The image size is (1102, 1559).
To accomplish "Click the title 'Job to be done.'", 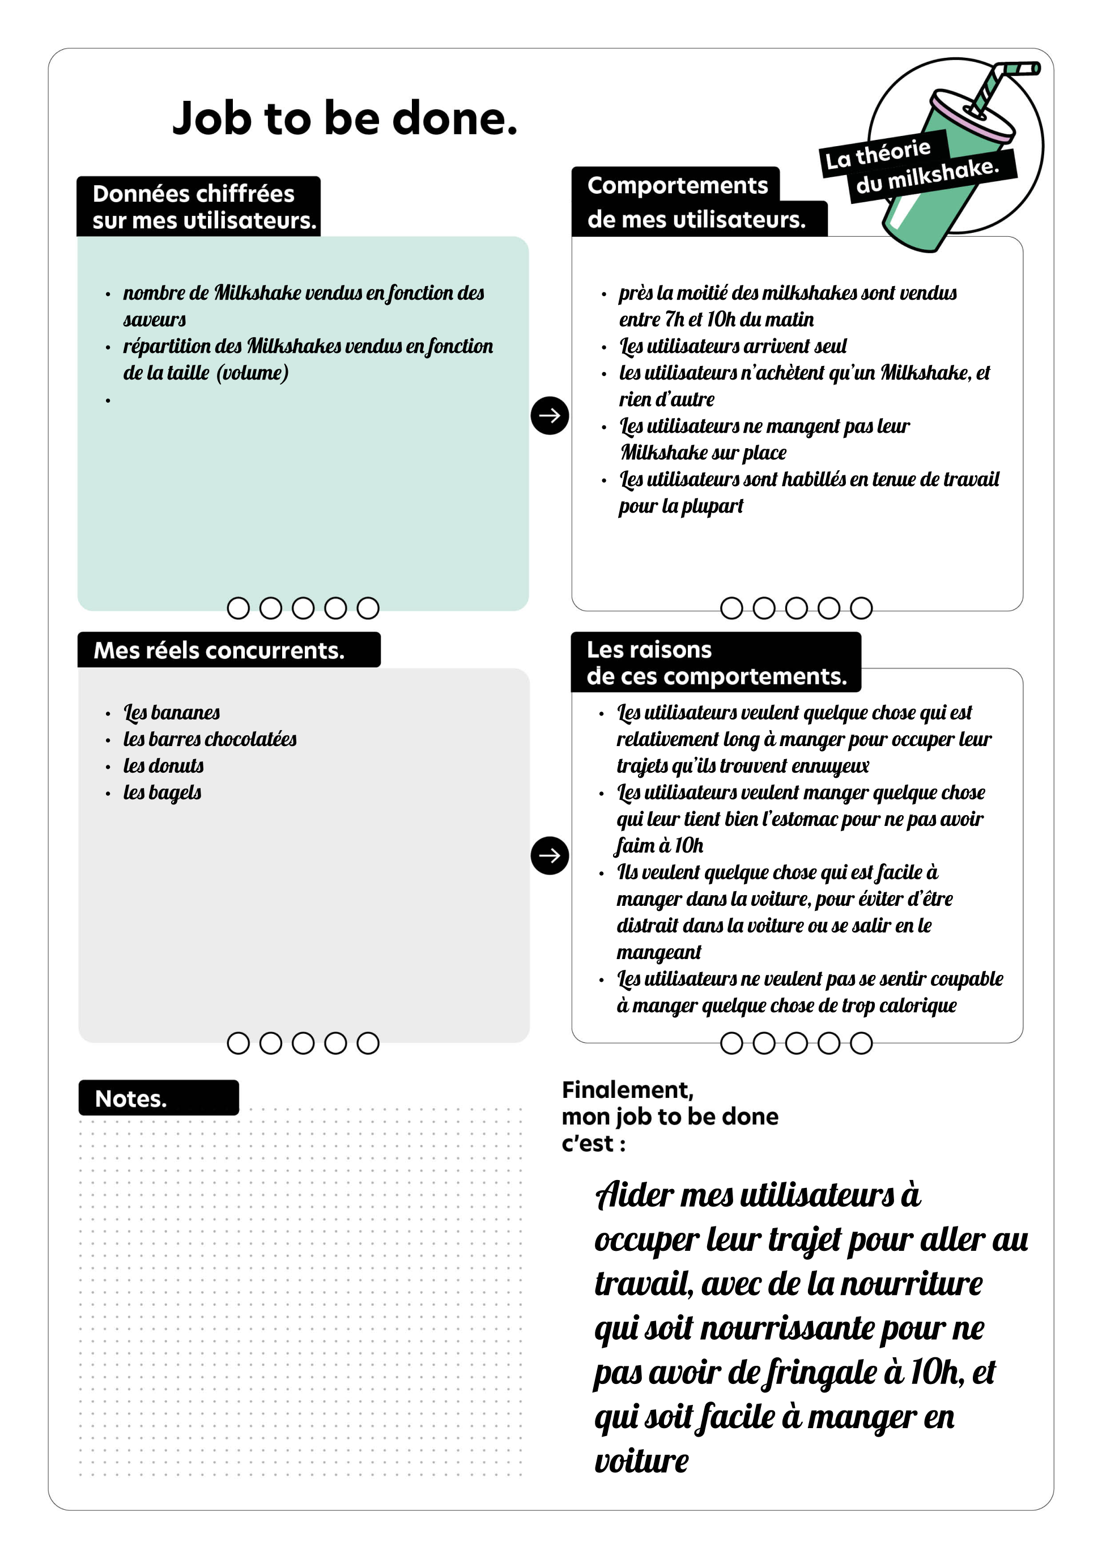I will [344, 119].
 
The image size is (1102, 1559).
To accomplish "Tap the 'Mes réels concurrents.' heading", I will [219, 650].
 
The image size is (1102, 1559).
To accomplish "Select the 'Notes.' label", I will [131, 1098].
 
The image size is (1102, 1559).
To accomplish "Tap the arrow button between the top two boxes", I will [550, 416].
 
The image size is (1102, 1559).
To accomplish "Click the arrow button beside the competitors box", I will [550, 855].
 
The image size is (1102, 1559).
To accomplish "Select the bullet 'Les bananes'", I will [171, 712].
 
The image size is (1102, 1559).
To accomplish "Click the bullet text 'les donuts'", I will [163, 765].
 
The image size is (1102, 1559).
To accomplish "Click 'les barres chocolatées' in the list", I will [209, 739].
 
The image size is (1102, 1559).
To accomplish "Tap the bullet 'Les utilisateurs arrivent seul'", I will [733, 346].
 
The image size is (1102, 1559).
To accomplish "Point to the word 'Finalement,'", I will [627, 1090].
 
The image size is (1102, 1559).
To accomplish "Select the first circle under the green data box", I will [239, 608].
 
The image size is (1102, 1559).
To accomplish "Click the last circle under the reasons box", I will [861, 1043].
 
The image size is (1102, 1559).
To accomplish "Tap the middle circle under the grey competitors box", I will [303, 1043].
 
